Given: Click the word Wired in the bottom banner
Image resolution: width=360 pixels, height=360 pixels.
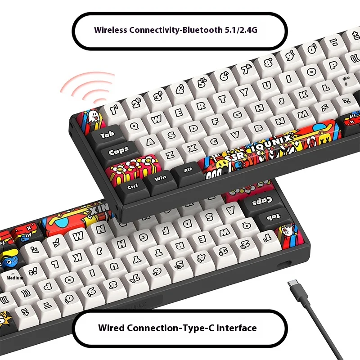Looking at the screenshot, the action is pyautogui.click(x=111, y=328).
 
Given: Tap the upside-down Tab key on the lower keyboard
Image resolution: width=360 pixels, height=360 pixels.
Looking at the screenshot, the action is pyautogui.click(x=274, y=218).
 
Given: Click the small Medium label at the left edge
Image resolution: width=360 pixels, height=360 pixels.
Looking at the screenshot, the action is pyautogui.click(x=14, y=278).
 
